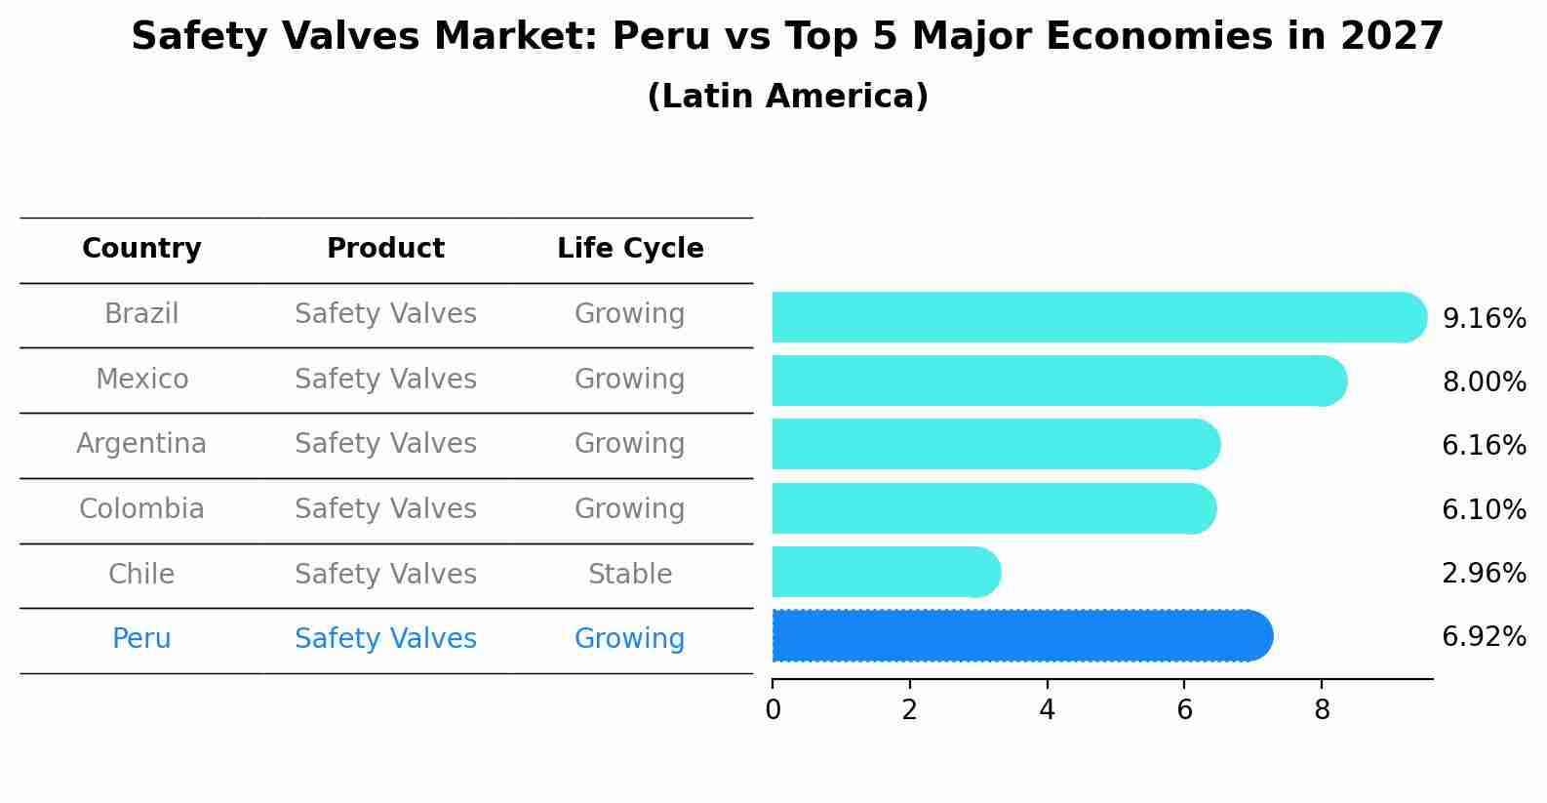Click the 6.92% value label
(1483, 637)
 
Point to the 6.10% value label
(1483, 509)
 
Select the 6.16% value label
(1483, 446)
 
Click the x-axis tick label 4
(1047, 710)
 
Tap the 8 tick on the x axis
(1322, 710)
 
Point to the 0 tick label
(773, 710)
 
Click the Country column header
(141, 249)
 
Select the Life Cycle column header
(630, 249)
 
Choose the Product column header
(385, 249)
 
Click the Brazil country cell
(141, 314)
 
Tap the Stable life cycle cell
(630, 574)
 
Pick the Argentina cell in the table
(141, 444)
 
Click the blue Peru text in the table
(141, 639)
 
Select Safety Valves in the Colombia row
(385, 509)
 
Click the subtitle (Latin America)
(787, 97)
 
